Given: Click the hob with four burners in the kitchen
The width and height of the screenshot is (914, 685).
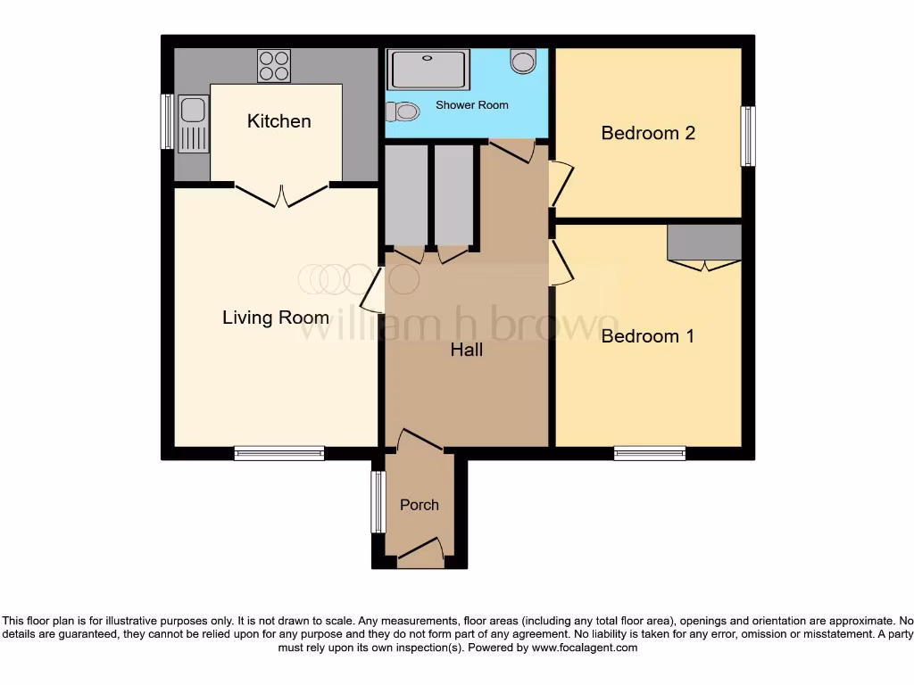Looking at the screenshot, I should (x=274, y=64).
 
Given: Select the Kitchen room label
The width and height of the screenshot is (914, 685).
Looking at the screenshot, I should (x=278, y=121).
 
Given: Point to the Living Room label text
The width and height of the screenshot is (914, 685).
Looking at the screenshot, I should (x=276, y=318).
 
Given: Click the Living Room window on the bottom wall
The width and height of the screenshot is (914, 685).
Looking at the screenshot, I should (x=279, y=453).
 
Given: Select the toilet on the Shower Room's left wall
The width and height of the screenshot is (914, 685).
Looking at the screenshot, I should (x=403, y=111).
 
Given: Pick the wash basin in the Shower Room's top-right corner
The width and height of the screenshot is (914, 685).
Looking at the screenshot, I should (x=523, y=61).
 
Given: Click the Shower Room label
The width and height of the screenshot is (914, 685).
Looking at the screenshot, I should (x=471, y=105).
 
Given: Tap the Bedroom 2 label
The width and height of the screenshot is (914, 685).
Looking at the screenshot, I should (x=647, y=134).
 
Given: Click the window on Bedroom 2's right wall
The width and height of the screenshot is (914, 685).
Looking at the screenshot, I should (x=748, y=136).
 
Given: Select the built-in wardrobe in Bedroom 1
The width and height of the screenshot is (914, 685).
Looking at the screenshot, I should (x=705, y=243).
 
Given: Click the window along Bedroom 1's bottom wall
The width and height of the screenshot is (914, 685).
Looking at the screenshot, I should (x=650, y=453).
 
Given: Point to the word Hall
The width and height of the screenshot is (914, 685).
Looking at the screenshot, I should (x=466, y=351).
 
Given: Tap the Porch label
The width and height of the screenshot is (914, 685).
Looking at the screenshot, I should (x=419, y=505).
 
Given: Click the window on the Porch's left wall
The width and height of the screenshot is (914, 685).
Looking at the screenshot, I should (x=378, y=502).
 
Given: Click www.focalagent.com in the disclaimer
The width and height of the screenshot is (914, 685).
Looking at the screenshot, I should (x=584, y=648).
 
